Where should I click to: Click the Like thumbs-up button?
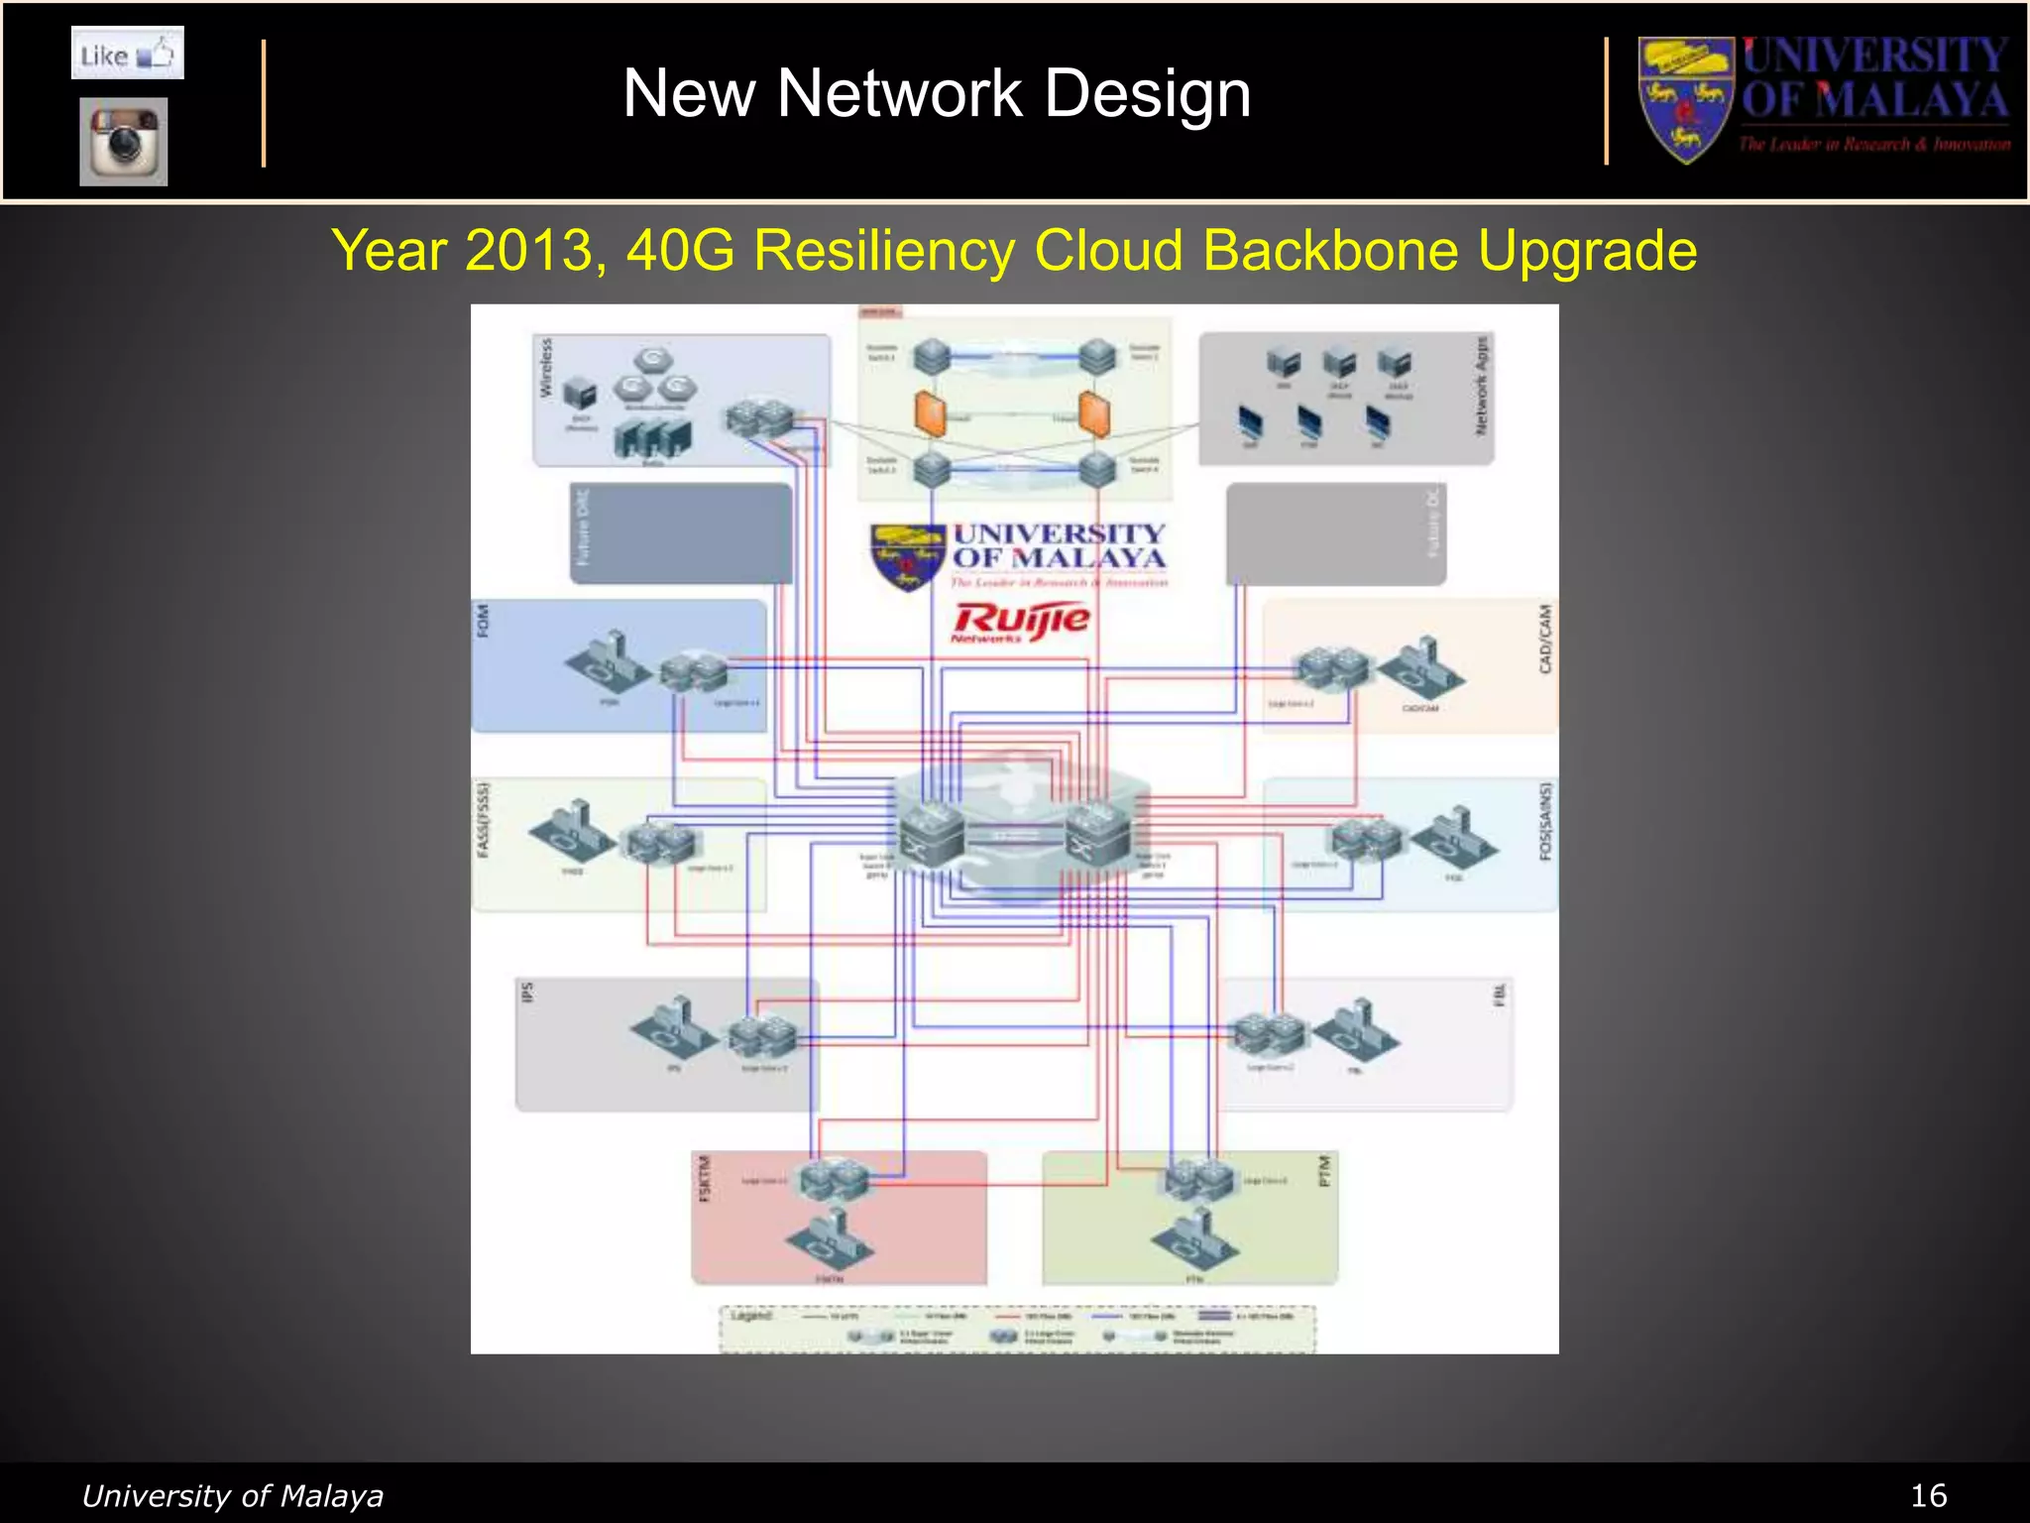click(x=127, y=54)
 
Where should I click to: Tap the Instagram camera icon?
click(x=124, y=141)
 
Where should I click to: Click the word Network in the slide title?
click(x=898, y=94)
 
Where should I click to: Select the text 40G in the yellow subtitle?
click(x=680, y=250)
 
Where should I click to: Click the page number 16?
click(x=1928, y=1495)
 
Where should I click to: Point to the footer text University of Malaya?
click(x=232, y=1495)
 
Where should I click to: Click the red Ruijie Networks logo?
click(x=1020, y=622)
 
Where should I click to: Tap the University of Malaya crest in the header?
click(x=1685, y=99)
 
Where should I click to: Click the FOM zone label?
click(x=484, y=621)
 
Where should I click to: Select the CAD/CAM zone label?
click(x=1544, y=640)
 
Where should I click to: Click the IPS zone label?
click(x=527, y=992)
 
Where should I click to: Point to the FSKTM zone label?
click(x=705, y=1178)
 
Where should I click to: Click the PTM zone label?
click(x=1324, y=1171)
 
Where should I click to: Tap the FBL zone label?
click(x=1499, y=995)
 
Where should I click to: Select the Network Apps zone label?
click(x=1481, y=385)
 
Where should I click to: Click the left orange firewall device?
click(x=930, y=413)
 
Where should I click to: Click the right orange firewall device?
click(x=1094, y=413)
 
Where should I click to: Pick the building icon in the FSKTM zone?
click(x=831, y=1239)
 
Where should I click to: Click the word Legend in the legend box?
click(x=750, y=1316)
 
